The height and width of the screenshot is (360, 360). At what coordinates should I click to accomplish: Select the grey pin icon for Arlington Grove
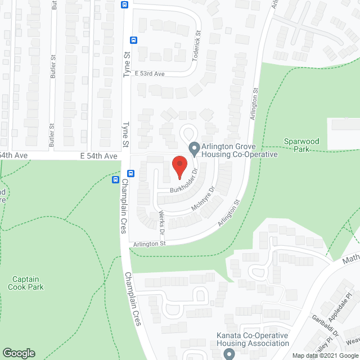pos(194,149)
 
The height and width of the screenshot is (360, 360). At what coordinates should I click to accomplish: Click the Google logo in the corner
pos(19,353)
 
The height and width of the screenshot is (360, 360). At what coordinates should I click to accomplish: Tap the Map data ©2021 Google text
pos(324,355)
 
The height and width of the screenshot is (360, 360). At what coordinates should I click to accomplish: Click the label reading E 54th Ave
pos(98,156)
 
